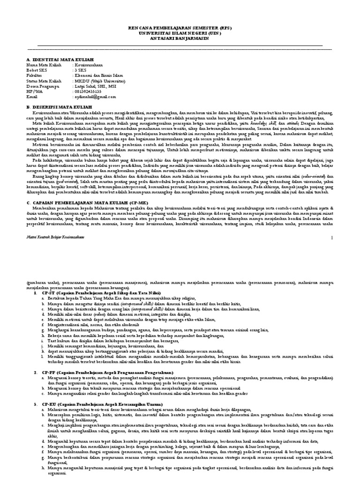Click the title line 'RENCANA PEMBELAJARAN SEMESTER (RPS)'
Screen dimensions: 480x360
point(180,29)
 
